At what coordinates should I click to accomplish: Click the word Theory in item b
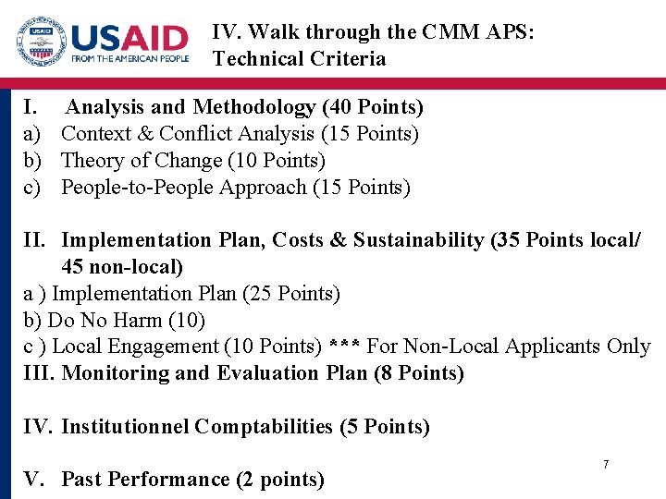[x=91, y=161]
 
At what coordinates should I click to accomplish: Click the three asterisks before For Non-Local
[x=345, y=347]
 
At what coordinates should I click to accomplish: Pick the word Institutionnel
[x=125, y=427]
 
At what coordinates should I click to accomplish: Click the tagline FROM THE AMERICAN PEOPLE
[x=129, y=59]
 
